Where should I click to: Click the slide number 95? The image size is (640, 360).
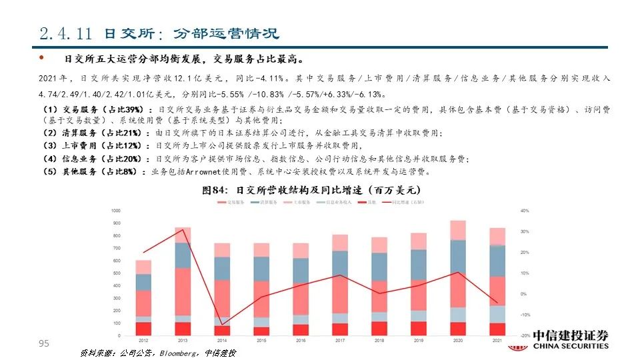tap(45, 343)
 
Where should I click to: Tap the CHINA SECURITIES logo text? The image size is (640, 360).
tap(570, 346)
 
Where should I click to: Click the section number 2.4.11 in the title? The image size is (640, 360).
tap(65, 34)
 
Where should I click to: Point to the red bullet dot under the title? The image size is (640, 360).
tap(41, 58)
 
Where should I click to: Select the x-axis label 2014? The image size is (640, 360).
tap(221, 340)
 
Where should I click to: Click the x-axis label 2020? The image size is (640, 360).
tap(458, 340)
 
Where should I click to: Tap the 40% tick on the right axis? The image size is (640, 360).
tap(524, 211)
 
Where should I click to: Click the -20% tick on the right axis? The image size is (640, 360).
tap(524, 335)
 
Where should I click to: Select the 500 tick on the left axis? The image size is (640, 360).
tap(117, 273)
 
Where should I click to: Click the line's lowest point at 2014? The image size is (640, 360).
tap(222, 325)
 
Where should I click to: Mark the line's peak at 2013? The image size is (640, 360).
tap(183, 230)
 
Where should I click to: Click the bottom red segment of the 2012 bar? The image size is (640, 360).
tap(143, 329)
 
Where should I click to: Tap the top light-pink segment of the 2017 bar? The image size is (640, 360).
tap(340, 242)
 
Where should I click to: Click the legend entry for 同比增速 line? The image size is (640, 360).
tap(399, 201)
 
